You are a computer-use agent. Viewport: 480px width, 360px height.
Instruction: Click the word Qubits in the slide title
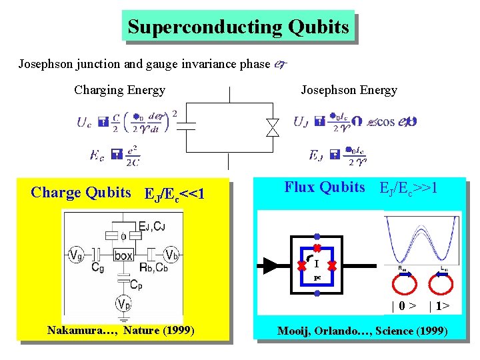click(x=319, y=27)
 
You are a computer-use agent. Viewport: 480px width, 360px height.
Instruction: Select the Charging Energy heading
click(x=120, y=90)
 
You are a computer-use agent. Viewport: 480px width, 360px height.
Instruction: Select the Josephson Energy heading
click(x=349, y=90)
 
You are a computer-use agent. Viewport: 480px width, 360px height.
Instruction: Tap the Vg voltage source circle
click(x=76, y=255)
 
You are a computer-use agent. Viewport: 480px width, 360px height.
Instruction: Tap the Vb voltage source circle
click(x=171, y=255)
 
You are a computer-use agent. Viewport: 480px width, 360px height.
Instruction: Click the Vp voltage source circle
click(x=123, y=304)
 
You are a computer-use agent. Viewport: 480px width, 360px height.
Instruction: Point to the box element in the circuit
click(x=123, y=255)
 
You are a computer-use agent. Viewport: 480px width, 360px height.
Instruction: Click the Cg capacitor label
click(x=98, y=268)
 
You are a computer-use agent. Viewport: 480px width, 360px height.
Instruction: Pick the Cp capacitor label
click(x=136, y=285)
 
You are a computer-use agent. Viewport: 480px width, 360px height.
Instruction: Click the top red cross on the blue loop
click(x=317, y=248)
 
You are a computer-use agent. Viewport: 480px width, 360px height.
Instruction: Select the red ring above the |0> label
click(x=403, y=283)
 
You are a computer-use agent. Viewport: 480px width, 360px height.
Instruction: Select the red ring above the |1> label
click(x=440, y=283)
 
